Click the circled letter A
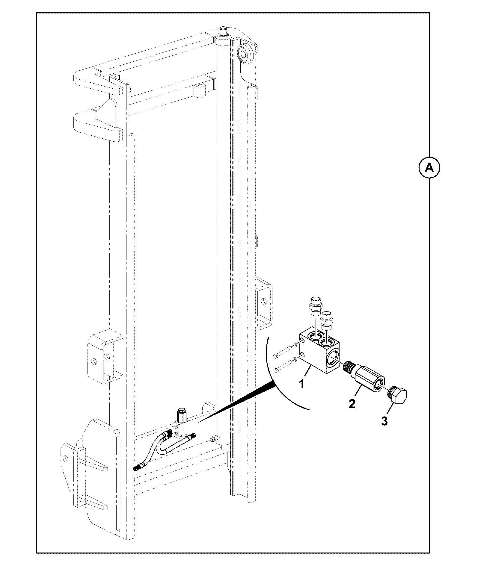click(429, 168)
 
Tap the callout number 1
click(302, 384)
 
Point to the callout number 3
click(384, 421)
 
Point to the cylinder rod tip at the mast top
click(223, 31)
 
